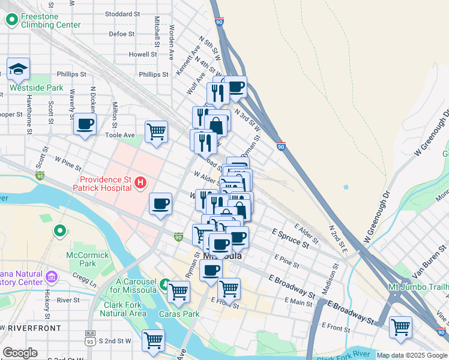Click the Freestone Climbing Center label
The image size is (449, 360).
[x=50, y=20]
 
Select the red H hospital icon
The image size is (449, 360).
[x=140, y=182]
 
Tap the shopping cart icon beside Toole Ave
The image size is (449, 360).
[x=156, y=131]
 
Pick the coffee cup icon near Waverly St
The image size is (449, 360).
[x=84, y=124]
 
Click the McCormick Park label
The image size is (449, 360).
[x=82, y=259]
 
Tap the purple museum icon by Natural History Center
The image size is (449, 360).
[x=51, y=277]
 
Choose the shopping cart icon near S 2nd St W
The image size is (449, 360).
[x=154, y=340]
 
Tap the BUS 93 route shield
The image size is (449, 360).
[x=91, y=337]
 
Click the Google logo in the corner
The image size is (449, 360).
[x=20, y=353]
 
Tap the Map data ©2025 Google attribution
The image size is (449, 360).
[x=412, y=355]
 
